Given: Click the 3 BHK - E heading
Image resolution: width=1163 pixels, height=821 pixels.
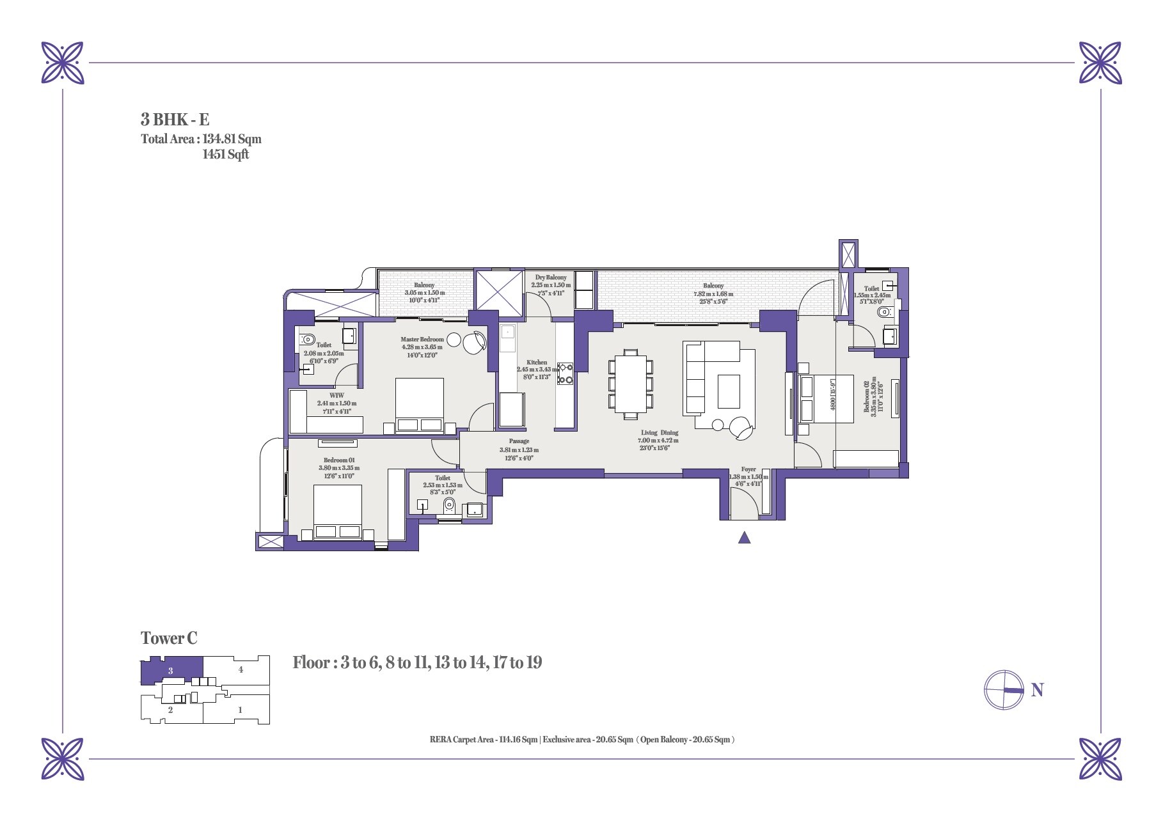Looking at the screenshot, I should (x=175, y=120).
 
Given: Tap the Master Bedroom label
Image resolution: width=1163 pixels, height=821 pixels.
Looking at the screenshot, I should (x=422, y=340).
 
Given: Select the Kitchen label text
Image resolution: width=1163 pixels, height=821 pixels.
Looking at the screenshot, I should (x=537, y=362).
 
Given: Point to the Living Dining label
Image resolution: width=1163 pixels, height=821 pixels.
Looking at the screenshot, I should (x=659, y=433).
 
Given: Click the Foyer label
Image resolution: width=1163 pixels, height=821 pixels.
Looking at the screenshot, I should (x=748, y=469).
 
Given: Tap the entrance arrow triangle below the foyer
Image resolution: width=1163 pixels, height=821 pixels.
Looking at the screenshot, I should (x=744, y=538).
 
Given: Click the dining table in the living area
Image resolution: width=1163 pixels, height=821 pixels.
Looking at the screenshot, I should (x=631, y=384).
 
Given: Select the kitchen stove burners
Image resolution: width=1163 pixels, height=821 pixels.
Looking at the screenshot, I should (x=566, y=374).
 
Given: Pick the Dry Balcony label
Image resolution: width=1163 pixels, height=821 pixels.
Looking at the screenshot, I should (x=550, y=278).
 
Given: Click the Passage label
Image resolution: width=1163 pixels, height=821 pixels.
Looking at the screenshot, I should (x=519, y=441).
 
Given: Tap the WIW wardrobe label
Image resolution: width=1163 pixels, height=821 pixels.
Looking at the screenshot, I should (x=336, y=396).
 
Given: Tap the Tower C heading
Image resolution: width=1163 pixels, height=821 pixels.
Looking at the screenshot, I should (x=169, y=638).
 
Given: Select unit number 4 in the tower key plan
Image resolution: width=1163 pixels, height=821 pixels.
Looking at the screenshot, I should (x=241, y=670).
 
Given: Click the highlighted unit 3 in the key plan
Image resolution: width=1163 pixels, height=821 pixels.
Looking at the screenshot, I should (x=171, y=671).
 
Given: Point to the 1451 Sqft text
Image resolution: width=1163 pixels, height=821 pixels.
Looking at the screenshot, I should (x=225, y=154).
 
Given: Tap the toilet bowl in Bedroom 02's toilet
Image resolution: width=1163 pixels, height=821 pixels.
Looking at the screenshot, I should (x=885, y=313).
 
